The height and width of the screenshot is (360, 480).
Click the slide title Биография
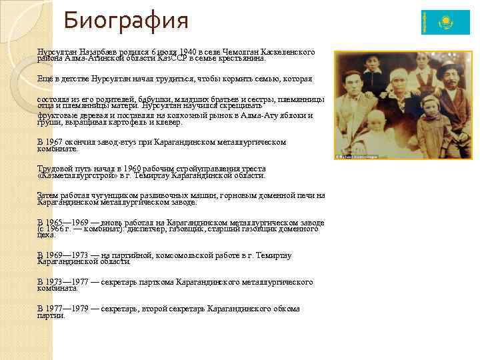point(126,20)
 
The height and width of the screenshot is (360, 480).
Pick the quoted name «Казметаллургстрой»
point(78,176)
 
